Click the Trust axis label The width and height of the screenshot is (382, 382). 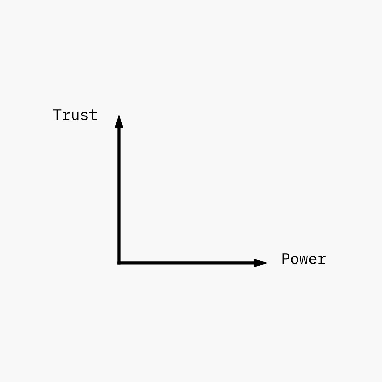click(75, 115)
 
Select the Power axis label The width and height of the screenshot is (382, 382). click(303, 259)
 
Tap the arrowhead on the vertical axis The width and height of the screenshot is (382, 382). click(119, 122)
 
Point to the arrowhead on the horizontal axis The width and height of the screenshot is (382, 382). click(260, 263)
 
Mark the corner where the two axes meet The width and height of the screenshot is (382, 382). click(119, 263)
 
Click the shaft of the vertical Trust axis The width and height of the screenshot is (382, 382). click(119, 195)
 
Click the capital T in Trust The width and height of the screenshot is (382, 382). click(57, 115)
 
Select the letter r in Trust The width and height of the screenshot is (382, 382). click(66, 116)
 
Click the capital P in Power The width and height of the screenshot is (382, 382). click(286, 259)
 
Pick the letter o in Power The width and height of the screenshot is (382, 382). click(295, 261)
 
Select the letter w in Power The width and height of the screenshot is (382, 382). click(303, 261)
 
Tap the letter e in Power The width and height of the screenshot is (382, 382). click(313, 261)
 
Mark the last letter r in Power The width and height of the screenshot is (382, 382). click(322, 261)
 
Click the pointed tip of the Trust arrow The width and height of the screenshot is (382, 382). click(119, 115)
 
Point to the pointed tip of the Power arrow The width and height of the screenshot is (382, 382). click(266, 263)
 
